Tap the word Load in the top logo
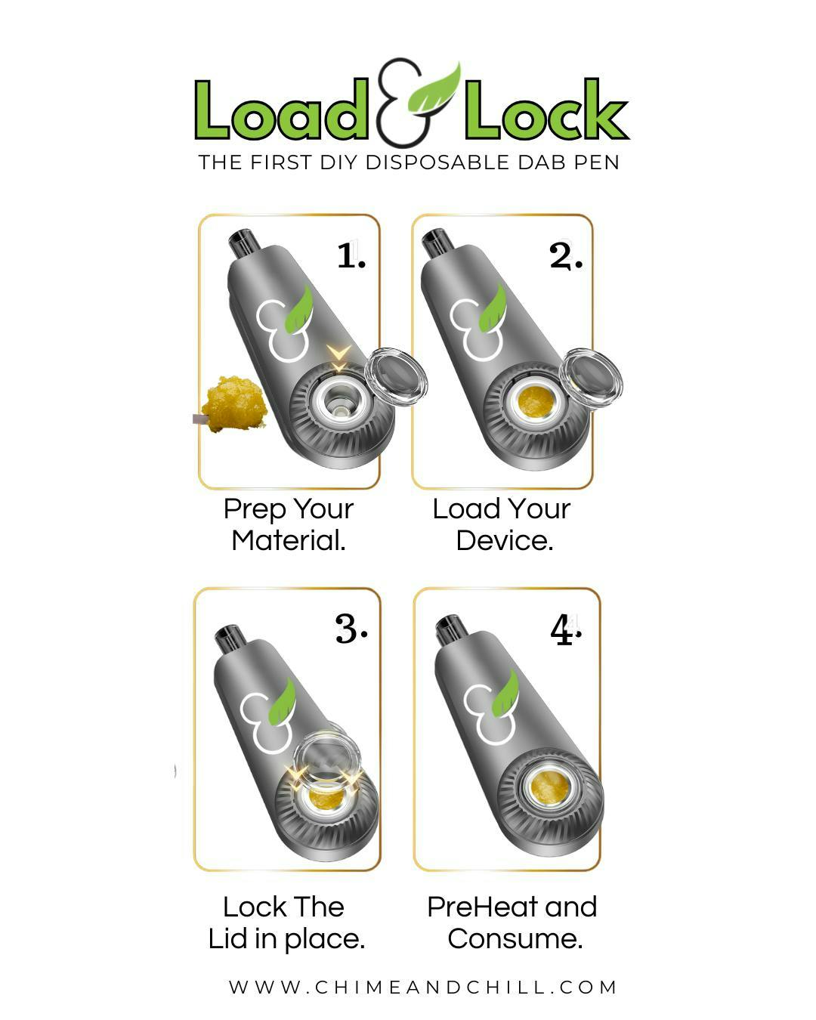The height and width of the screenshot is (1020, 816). click(x=281, y=110)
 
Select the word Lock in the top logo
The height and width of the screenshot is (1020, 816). click(x=547, y=110)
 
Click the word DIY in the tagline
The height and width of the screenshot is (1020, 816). click(x=337, y=162)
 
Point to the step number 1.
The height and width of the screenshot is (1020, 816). click(x=351, y=256)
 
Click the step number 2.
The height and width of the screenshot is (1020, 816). click(x=565, y=256)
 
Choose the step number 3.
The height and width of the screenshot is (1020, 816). click(x=351, y=629)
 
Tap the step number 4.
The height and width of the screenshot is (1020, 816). click(x=565, y=629)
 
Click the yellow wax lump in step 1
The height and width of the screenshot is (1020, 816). click(x=233, y=403)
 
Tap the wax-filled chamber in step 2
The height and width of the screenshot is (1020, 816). click(x=536, y=401)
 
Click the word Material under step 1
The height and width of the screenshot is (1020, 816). click(x=289, y=540)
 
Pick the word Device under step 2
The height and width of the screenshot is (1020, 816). click(x=505, y=540)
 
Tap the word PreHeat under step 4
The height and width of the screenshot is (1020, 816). click(x=484, y=907)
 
